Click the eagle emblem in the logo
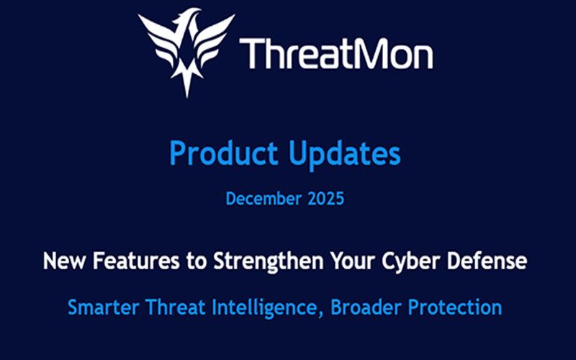pos(186,51)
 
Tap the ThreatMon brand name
pos(336,53)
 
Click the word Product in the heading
pos(223,153)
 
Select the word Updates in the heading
pos(344,153)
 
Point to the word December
pos(264,199)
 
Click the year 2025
pos(326,199)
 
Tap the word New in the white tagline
pos(64,261)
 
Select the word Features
pos(136,261)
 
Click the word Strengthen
pos(268,261)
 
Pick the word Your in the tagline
pos(353,261)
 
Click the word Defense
pos(487,261)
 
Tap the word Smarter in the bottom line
pos(103,307)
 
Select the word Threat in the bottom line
pos(175,307)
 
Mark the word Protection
pos(455,307)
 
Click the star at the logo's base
pos(187,78)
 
